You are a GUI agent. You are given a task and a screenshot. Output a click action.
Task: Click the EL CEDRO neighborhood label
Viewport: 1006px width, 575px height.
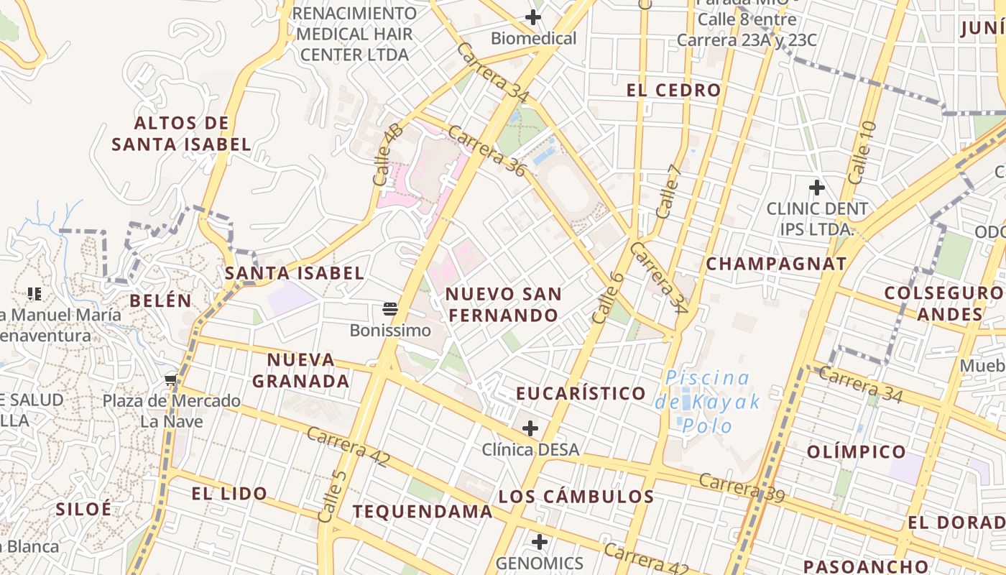(673, 91)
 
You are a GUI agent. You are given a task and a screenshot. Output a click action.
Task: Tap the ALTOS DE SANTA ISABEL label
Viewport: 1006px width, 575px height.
(181, 134)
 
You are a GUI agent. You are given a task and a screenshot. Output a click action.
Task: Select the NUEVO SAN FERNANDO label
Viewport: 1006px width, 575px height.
(503, 304)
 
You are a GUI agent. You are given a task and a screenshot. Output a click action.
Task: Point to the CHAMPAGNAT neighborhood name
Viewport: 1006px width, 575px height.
(776, 264)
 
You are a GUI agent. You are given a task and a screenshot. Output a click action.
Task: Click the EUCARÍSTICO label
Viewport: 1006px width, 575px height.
(581, 394)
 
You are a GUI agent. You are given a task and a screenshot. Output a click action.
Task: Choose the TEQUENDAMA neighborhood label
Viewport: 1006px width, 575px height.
(423, 512)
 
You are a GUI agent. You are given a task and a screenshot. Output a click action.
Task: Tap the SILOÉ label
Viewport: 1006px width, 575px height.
(84, 509)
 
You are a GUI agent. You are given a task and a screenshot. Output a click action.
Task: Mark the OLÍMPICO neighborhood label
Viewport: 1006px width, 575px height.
(856, 452)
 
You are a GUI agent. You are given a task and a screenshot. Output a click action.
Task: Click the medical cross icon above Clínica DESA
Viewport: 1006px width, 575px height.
(530, 429)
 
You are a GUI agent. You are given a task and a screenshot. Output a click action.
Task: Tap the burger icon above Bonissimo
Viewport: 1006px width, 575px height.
(390, 310)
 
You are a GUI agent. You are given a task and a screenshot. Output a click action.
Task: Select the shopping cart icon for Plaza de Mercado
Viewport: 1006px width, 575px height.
(171, 380)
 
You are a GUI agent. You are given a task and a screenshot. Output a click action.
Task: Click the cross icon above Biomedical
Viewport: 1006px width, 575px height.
(533, 17)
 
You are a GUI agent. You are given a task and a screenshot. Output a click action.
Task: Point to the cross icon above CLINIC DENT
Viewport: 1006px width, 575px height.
(816, 188)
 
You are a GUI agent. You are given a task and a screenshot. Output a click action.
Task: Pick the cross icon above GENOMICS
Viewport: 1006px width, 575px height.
(539, 542)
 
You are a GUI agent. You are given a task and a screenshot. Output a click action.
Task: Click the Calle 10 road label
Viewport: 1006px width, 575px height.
(862, 152)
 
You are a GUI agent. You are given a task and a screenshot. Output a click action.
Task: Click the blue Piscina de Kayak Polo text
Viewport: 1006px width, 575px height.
(708, 401)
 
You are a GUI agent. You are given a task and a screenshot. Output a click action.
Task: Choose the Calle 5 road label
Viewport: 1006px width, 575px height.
(332, 496)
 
